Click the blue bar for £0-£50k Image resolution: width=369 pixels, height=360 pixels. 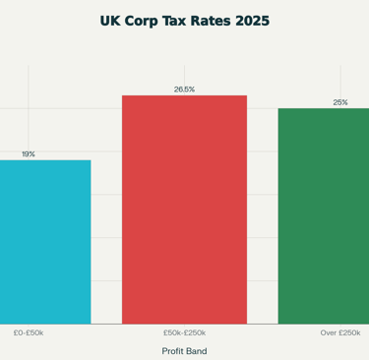coord(45,242)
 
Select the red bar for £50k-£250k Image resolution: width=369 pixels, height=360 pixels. coord(184,210)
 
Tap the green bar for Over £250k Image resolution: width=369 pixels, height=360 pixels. coord(324,215)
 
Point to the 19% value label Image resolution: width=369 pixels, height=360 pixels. coord(29,154)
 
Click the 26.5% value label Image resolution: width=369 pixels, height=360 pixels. coord(184,90)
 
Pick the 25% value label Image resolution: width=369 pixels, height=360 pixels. coord(340,102)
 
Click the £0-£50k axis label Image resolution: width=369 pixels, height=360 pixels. coord(29,332)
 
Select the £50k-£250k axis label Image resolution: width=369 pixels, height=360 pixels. coord(184,332)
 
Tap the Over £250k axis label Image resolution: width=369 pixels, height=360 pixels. coord(339,332)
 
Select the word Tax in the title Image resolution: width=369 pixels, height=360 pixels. coord(184,21)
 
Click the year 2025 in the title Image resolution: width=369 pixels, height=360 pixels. coord(254,21)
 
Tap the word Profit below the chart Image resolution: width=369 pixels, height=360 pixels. coord(174,350)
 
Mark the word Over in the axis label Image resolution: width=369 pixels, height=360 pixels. coord(329,332)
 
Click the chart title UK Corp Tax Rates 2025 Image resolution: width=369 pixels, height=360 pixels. coord(184,21)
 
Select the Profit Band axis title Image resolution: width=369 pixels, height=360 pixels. coord(184,350)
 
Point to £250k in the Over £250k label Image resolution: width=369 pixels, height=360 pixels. coord(349,332)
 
